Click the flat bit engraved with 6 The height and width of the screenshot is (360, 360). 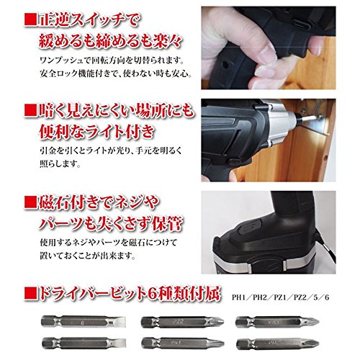pos(84,322)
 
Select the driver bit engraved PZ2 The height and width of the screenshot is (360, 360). pos(182,322)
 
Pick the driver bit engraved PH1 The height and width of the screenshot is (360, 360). pos(182,343)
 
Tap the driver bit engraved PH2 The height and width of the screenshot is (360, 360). pos(277,344)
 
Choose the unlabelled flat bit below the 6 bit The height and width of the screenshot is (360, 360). pos(84,343)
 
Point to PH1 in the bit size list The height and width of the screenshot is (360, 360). pos(239,297)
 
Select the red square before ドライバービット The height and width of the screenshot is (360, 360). pos(30,294)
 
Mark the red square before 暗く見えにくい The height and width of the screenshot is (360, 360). pos(30,111)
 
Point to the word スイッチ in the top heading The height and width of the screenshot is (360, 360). pos(95,21)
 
